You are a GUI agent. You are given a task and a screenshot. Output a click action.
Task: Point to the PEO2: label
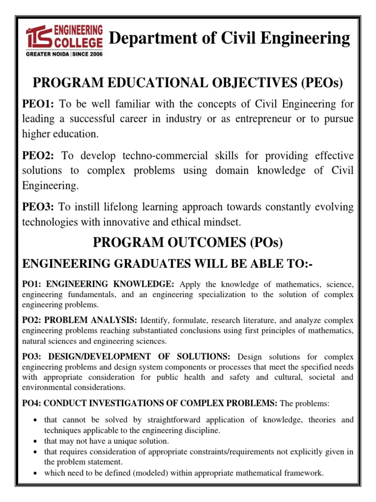(41, 156)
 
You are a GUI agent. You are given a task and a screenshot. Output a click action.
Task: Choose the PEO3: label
(41, 207)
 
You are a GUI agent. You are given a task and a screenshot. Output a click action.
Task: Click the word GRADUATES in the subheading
(146, 264)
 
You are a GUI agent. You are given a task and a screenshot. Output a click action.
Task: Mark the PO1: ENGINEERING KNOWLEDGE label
(98, 284)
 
